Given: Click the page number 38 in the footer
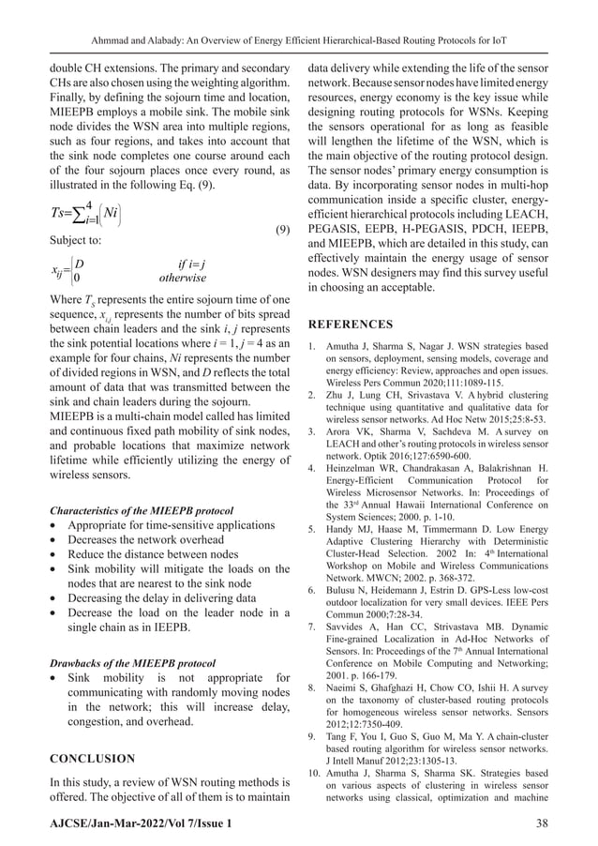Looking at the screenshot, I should [538, 822].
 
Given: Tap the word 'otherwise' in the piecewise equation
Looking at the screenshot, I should [183, 278].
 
